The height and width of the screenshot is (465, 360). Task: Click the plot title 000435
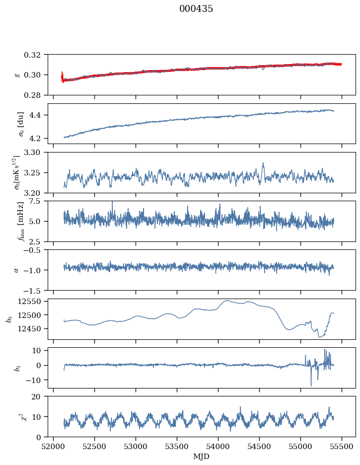196,8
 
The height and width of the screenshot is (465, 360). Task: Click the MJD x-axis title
201,457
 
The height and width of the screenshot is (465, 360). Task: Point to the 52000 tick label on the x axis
53,446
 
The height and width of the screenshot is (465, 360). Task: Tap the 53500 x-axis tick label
177,446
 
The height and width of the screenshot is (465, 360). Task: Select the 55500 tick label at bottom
342,446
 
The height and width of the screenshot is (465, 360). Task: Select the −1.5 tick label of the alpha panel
34,290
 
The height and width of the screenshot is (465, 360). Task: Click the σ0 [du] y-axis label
20,124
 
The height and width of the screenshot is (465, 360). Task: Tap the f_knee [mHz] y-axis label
20,221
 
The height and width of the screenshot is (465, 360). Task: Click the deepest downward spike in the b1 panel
311,386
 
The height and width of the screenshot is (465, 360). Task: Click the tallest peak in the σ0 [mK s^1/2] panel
263,163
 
